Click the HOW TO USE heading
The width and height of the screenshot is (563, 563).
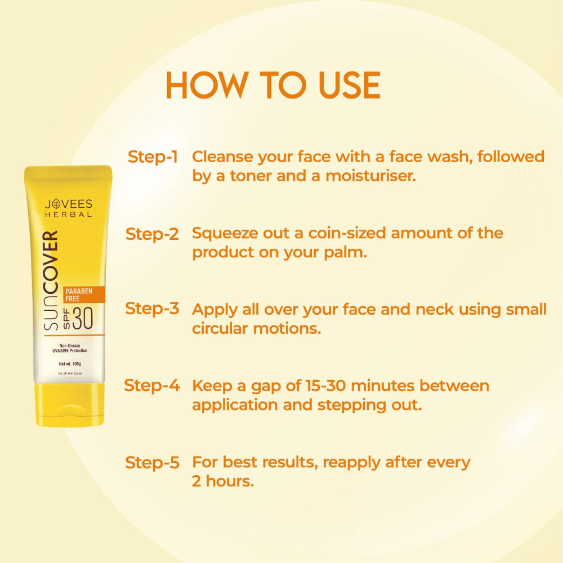coord(272,85)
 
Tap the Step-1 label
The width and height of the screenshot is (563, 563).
coord(153,157)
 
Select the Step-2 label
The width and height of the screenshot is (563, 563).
coord(152,234)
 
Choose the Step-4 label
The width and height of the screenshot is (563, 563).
coord(152,386)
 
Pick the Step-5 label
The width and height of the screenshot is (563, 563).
coord(152,463)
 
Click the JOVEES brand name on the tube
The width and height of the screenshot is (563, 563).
coord(69,204)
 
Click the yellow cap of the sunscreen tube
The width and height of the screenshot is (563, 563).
coord(69,404)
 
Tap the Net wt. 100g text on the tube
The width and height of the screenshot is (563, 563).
coord(70,363)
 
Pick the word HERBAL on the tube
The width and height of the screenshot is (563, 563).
coord(69,215)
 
